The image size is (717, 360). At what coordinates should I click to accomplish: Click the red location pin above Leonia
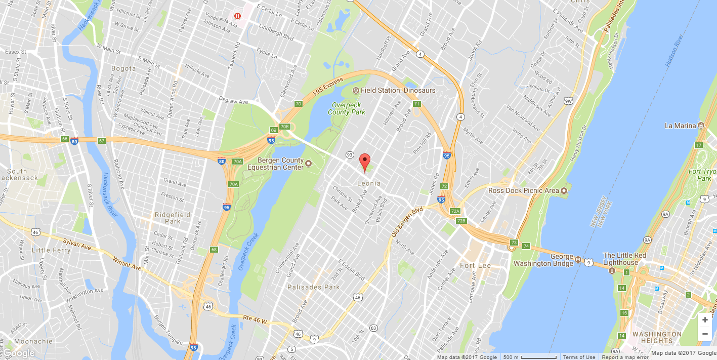364,162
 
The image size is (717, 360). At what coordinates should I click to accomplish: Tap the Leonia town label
368,183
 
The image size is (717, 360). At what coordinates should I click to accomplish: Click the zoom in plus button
705,320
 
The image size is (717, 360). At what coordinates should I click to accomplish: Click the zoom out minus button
705,333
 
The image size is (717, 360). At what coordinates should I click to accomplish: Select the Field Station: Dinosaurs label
398,90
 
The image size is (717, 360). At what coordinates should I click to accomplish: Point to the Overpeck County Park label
347,108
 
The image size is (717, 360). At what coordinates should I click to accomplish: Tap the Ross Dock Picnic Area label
523,191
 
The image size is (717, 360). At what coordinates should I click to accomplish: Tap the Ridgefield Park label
173,218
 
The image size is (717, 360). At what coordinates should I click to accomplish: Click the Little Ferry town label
51,250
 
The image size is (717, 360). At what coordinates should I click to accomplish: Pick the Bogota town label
123,68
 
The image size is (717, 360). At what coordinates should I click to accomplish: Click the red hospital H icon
237,16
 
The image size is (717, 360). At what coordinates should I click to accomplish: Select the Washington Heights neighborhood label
657,337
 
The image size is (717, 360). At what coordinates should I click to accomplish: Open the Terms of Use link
579,357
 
